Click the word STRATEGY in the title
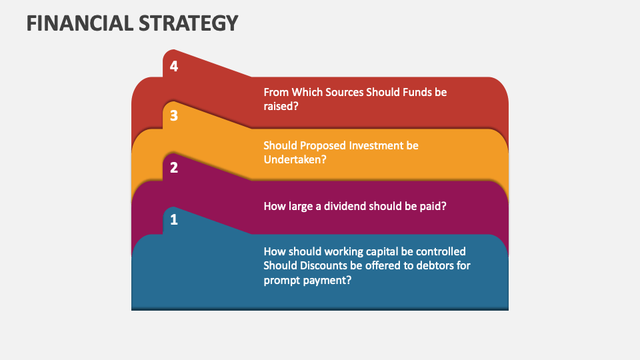click(189, 23)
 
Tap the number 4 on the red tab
click(174, 66)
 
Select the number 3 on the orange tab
click(174, 116)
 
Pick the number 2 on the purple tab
click(174, 167)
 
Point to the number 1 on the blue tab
click(174, 219)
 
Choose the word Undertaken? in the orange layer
click(295, 159)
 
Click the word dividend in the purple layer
click(345, 206)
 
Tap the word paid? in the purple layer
click(432, 206)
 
